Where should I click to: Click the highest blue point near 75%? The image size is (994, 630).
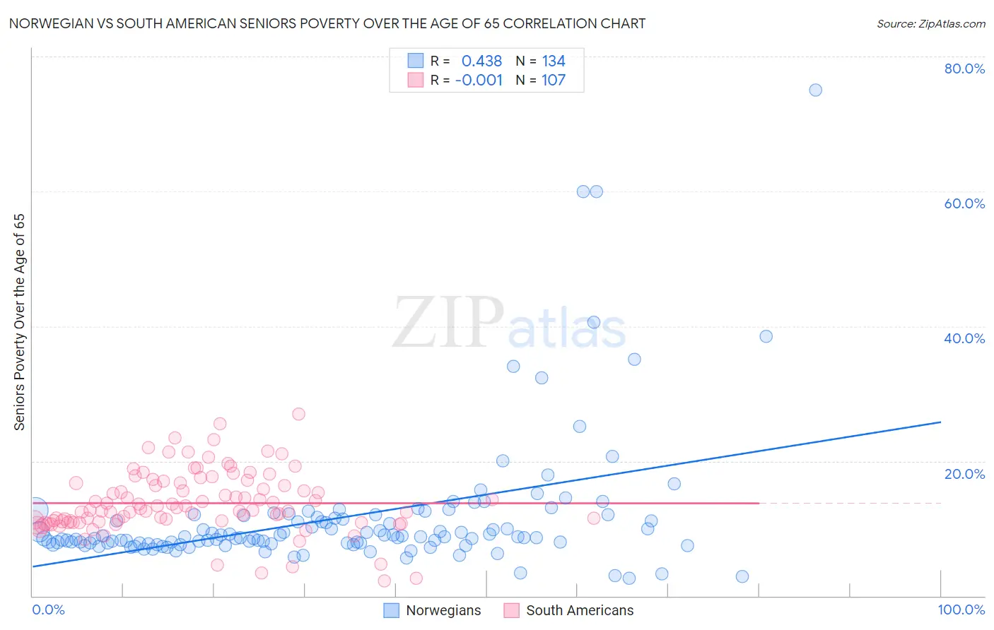coord(815,90)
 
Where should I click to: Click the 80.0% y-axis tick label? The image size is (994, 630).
coord(964,69)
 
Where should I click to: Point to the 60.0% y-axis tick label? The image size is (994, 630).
coord(964,203)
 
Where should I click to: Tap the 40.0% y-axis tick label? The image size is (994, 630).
coord(964,338)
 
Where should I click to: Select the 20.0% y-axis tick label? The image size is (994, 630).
coord(964,473)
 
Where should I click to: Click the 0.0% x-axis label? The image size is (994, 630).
coord(48,610)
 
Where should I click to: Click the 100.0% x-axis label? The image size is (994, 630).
coord(961,610)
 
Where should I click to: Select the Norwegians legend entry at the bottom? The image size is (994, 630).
coord(432,610)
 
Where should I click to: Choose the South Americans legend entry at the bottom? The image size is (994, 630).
coord(568,610)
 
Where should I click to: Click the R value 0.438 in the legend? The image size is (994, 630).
coord(481,61)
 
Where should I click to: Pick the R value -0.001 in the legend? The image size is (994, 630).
coord(479,80)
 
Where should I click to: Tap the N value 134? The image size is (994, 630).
coord(554,61)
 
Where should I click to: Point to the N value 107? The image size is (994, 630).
coord(554,80)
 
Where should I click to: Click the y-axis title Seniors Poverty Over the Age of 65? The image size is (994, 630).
coord(20,321)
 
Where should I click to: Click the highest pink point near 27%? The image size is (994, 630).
coord(298,414)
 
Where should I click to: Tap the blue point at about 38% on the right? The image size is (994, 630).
coord(766,336)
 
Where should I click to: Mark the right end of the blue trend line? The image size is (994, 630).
coord(940,422)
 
